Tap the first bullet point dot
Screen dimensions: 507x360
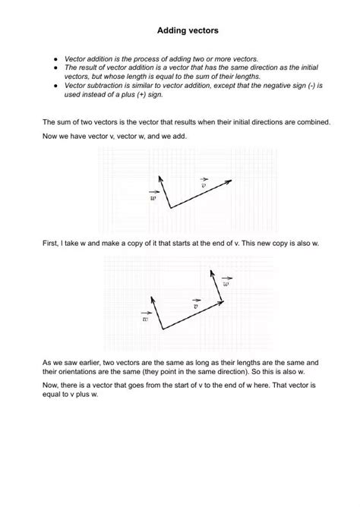coord(54,58)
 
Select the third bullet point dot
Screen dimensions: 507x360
coord(54,87)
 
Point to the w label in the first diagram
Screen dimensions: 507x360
coord(153,197)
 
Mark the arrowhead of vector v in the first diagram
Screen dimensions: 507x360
coord(229,181)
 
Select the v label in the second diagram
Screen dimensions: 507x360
coord(196,306)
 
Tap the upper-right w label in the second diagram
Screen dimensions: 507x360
coord(226,283)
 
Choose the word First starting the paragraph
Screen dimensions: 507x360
coord(50,242)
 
